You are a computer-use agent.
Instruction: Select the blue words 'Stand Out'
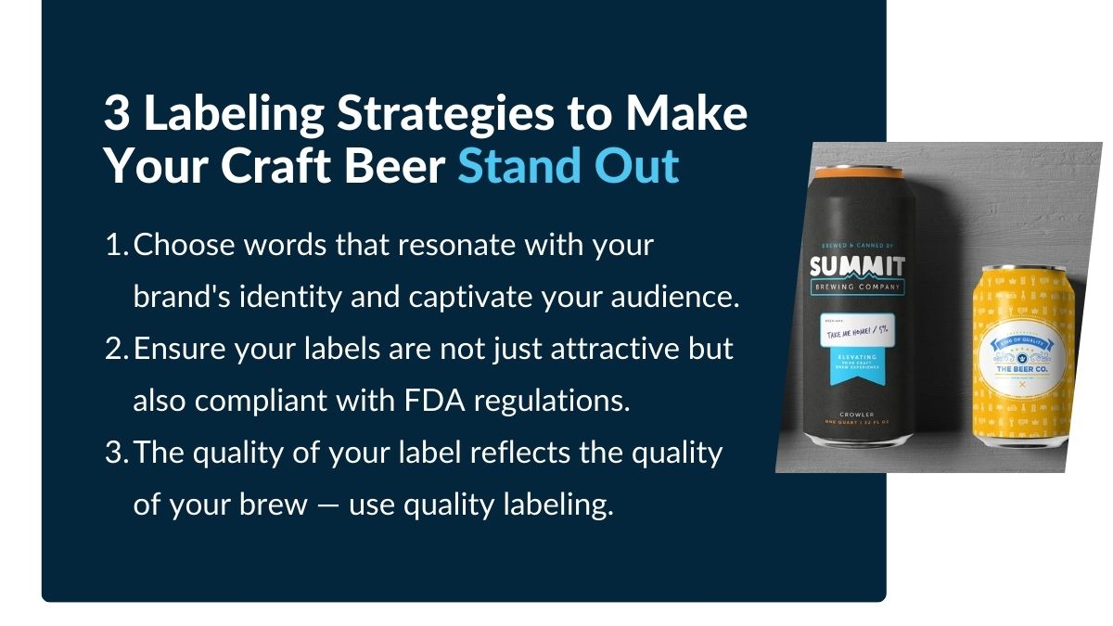click(568, 167)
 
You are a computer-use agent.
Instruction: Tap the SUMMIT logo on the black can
click(857, 266)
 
